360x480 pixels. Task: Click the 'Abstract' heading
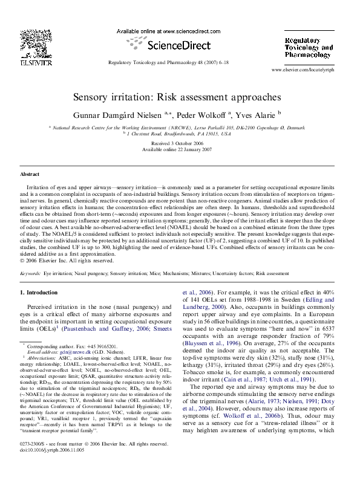(x=30, y=174)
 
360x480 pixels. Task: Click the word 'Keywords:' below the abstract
(x=31, y=273)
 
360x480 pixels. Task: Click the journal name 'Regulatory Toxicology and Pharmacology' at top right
(x=309, y=47)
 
